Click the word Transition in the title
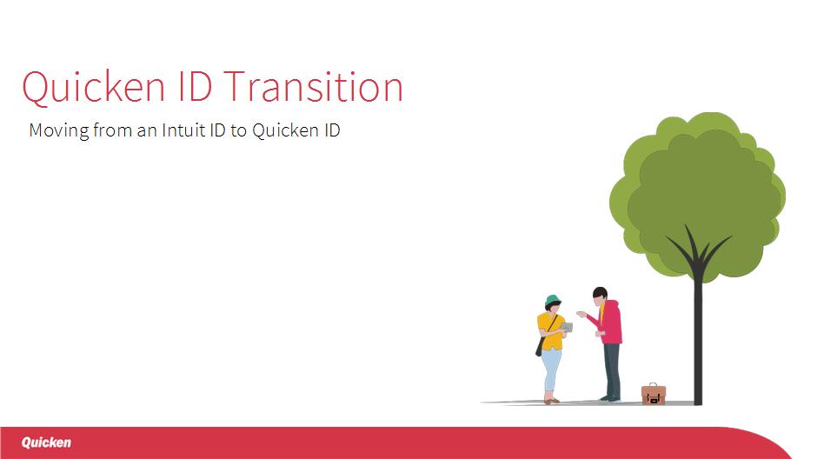click(x=314, y=86)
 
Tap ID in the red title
click(x=195, y=86)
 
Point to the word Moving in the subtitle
click(x=59, y=130)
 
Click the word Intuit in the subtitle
click(x=183, y=130)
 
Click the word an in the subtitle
click(x=147, y=131)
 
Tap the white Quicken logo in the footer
click(x=46, y=442)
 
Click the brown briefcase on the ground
click(x=654, y=395)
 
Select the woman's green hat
click(x=552, y=300)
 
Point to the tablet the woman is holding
click(x=567, y=327)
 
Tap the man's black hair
click(x=599, y=292)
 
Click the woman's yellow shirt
click(x=549, y=331)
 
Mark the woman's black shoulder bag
click(x=540, y=346)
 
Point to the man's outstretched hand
click(x=581, y=314)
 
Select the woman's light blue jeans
click(x=551, y=371)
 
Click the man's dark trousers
click(x=612, y=370)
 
